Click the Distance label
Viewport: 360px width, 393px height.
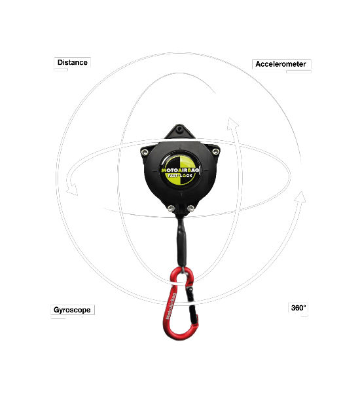tap(73, 62)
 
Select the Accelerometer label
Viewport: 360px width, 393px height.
tap(281, 64)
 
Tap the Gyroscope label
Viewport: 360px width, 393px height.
tap(72, 310)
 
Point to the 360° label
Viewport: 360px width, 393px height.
tap(298, 308)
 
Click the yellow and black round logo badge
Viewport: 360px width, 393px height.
tap(179, 170)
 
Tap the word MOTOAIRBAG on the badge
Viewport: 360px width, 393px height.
tap(180, 170)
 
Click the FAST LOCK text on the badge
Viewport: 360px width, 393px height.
tap(180, 176)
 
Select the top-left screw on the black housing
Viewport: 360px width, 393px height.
tap(144, 152)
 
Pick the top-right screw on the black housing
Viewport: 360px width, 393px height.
tap(215, 151)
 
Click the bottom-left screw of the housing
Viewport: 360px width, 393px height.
tap(171, 208)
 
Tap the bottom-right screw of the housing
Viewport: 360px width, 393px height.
tap(190, 208)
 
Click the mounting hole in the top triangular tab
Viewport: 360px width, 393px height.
tap(179, 129)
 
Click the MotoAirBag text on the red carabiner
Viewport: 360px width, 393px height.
tap(171, 307)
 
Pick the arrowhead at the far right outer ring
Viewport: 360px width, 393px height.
tap(300, 196)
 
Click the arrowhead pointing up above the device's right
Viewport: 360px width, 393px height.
tap(232, 124)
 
